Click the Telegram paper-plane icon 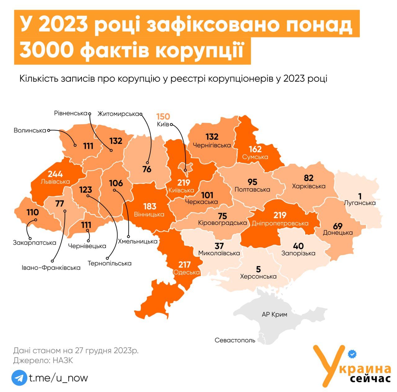[19, 378]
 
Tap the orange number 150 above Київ [163, 117]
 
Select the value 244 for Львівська [55, 174]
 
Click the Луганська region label [360, 203]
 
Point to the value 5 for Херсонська [258, 269]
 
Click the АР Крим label [274, 314]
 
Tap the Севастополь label [235, 340]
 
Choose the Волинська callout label [30, 131]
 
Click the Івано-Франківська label [51, 267]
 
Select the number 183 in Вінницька [149, 206]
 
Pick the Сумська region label [255, 157]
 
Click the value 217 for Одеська [184, 265]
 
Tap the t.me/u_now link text [59, 378]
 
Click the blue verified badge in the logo [352, 354]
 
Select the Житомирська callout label [118, 114]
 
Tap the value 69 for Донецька [338, 226]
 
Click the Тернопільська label [109, 263]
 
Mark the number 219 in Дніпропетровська [280, 215]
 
